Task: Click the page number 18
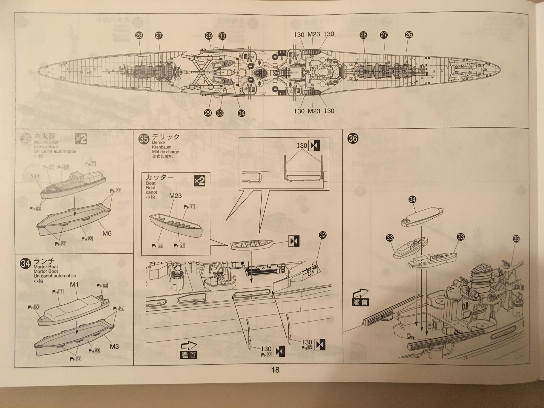coord(275,370)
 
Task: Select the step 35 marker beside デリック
coord(144,139)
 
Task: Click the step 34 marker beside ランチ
coord(25,263)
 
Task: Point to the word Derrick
coord(158,143)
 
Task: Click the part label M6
coord(107,233)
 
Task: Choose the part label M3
coord(114,347)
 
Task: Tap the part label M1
coord(74,284)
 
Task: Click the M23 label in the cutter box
coord(175,196)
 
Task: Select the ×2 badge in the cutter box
coord(199,181)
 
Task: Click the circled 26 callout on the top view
coord(409,35)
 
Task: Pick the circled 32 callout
coord(322,235)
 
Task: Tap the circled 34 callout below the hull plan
coord(241,113)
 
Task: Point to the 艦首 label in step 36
coord(360,302)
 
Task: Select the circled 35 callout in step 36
coord(516,239)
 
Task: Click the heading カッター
coord(159,177)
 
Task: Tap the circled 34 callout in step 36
coord(412,199)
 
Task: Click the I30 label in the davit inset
coord(302,145)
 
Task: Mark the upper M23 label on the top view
coord(314,34)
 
